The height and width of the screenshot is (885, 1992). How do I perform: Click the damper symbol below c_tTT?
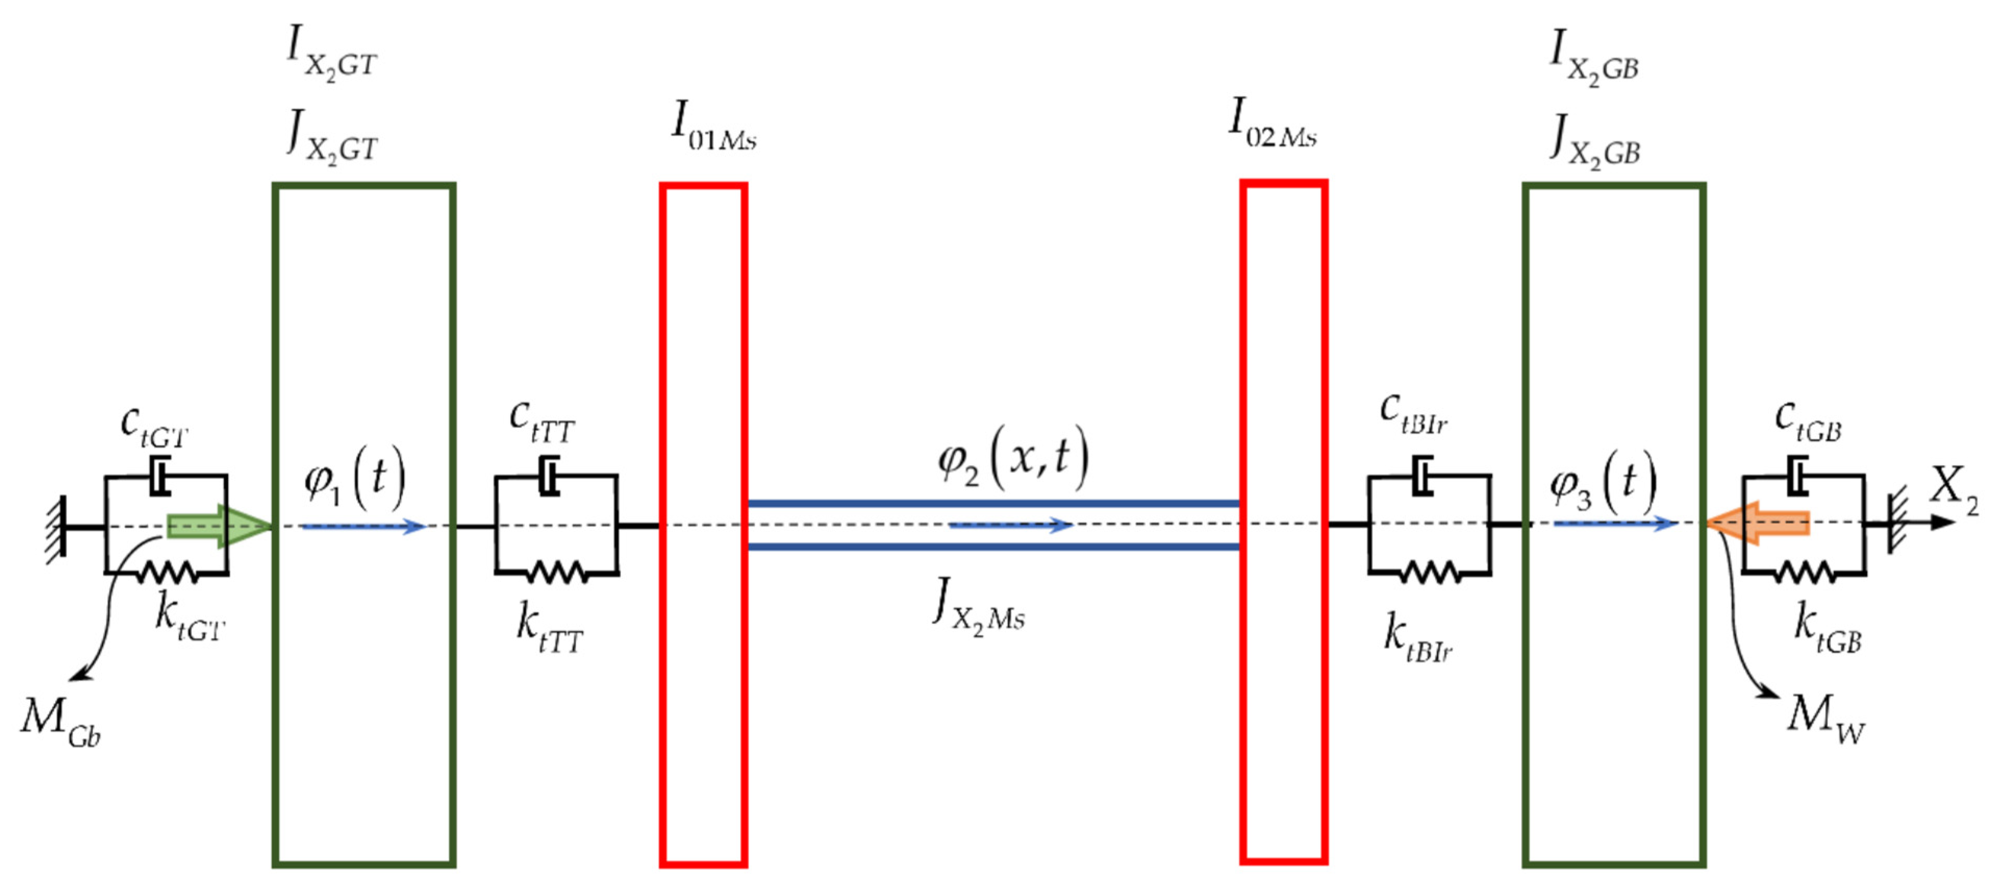(x=550, y=476)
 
